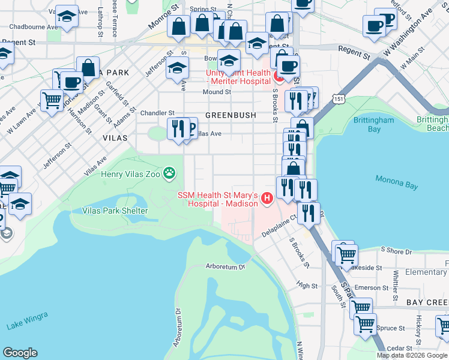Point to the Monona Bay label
coord(396,182)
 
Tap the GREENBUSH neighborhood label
coord(231,115)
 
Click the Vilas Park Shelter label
coord(115,211)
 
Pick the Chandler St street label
coord(157,112)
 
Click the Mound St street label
coord(217,92)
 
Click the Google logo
coord(20,353)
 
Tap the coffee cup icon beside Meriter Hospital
coord(288,66)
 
